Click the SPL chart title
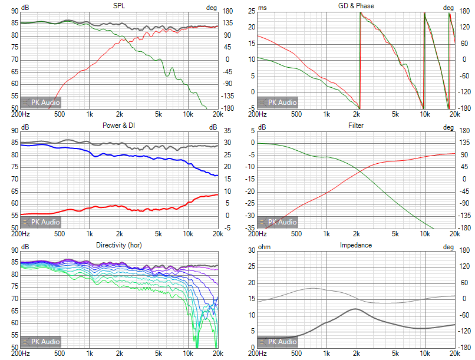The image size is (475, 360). pyautogui.click(x=118, y=6)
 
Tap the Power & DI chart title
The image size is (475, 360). pyautogui.click(x=118, y=125)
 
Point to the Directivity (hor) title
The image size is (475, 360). pyautogui.click(x=118, y=245)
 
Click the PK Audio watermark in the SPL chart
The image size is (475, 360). pyautogui.click(x=41, y=103)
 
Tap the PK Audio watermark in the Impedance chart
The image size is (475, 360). pyautogui.click(x=278, y=342)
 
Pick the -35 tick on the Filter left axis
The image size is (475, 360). pyautogui.click(x=249, y=227)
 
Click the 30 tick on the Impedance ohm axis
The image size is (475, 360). pyautogui.click(x=250, y=250)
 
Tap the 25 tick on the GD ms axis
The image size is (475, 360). pyautogui.click(x=250, y=11)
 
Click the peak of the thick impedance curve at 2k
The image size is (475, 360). pyautogui.click(x=355, y=309)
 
